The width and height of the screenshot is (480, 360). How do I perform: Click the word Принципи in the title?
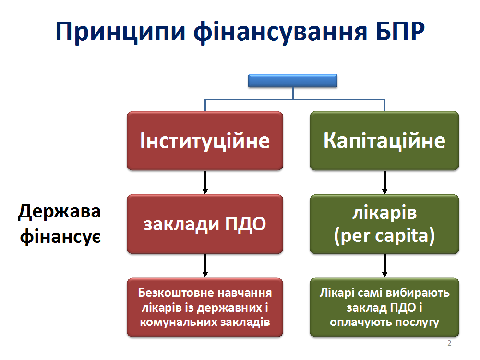point(120,32)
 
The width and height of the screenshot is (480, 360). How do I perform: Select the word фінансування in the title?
point(280,32)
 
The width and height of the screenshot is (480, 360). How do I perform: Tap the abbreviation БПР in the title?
point(400,31)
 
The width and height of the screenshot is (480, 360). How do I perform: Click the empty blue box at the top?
point(293,81)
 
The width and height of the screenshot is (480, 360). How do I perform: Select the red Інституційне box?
point(205,141)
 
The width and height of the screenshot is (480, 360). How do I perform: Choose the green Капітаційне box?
point(384,141)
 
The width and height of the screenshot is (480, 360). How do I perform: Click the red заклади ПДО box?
point(205,224)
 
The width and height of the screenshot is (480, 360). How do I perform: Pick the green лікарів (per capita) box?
point(384,224)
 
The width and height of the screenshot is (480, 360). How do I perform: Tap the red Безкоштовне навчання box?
point(205,307)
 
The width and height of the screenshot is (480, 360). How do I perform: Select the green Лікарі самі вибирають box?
point(384,307)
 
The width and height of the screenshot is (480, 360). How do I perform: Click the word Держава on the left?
point(60,212)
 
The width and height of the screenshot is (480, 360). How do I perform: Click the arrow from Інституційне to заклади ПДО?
point(205,182)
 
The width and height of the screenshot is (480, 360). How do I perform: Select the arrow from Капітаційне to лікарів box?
point(385,182)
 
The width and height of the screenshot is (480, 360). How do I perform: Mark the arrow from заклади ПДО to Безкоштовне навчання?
point(205,265)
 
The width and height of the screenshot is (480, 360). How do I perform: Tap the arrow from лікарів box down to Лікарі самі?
point(385,265)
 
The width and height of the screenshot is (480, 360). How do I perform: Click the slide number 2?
point(449,343)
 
